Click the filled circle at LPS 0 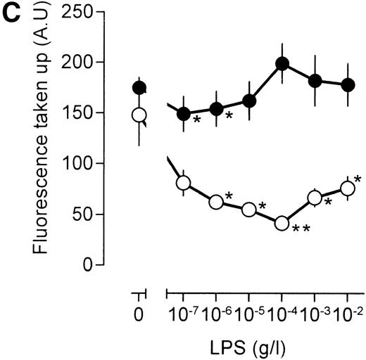point(139,88)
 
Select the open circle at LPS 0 point(139,115)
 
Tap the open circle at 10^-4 point(282,223)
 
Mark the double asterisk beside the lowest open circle point(301,229)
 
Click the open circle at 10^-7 point(184,184)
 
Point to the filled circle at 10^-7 point(184,113)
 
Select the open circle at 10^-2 point(347,188)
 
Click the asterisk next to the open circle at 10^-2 point(358,179)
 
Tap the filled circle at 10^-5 point(249,101)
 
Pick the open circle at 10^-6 point(216,202)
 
